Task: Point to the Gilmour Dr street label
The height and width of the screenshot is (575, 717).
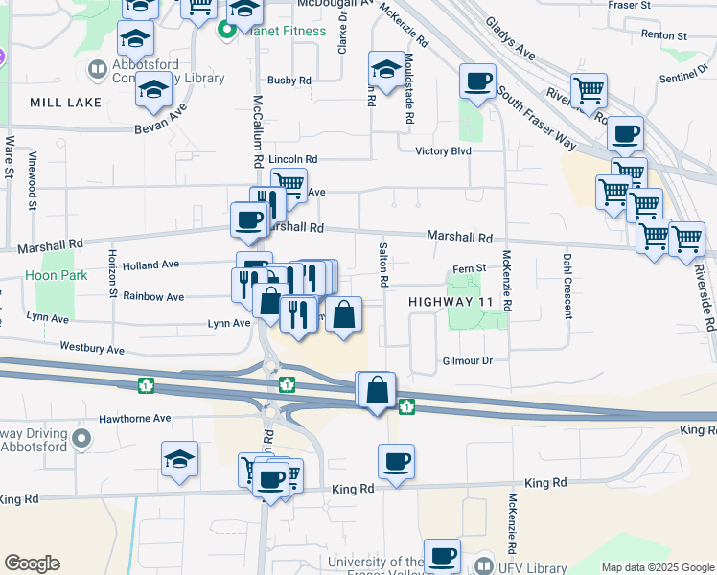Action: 466,360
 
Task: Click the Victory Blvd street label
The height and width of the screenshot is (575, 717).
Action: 444,151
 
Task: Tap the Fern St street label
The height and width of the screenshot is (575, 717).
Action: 467,268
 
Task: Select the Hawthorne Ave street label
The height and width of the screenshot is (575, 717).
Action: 135,418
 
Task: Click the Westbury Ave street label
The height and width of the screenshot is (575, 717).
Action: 92,347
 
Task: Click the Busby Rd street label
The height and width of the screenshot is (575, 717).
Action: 290,80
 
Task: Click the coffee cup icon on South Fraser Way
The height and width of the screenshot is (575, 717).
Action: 477,81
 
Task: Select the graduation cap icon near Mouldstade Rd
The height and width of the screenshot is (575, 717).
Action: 386,69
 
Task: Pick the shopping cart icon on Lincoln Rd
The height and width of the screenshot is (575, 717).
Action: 289,182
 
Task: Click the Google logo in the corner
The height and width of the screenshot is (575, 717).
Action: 32,563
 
